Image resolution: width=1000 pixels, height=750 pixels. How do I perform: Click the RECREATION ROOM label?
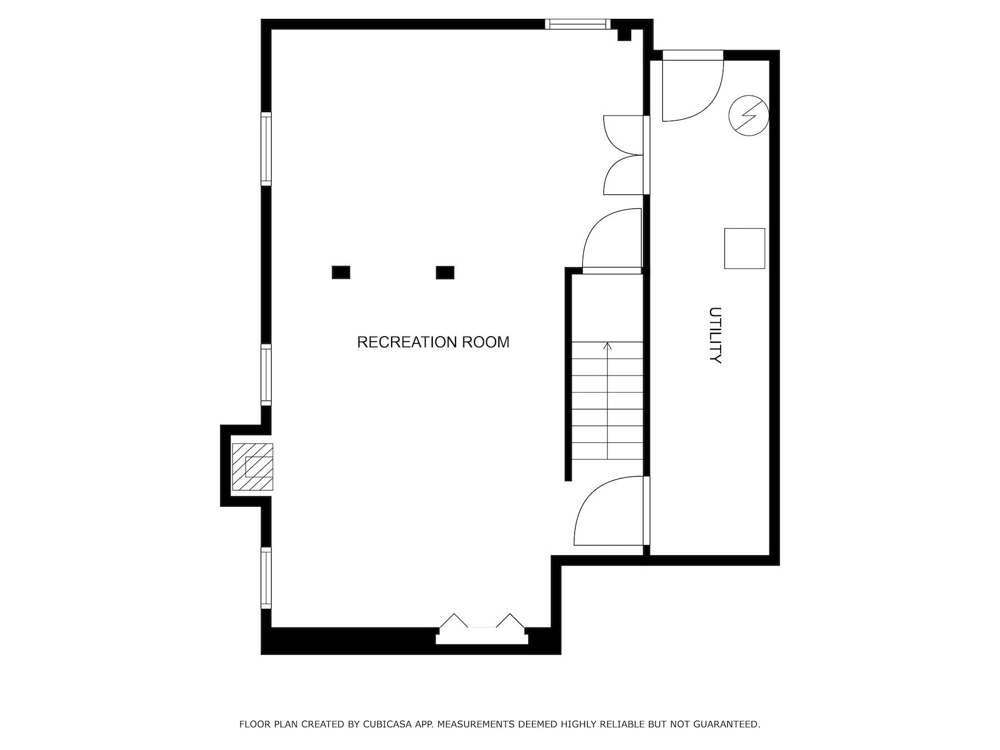tap(433, 342)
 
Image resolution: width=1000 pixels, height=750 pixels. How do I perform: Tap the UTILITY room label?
tap(715, 335)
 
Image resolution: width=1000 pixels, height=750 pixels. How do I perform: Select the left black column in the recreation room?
tap(341, 272)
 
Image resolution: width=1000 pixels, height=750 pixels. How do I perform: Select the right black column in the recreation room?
tap(444, 272)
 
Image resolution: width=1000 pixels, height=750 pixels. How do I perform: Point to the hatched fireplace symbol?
tap(253, 467)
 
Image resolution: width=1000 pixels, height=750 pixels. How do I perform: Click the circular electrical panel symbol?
tap(748, 116)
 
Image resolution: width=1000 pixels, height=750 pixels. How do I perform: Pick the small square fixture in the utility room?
tap(744, 248)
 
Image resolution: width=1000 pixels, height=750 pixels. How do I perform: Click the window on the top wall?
tap(577, 24)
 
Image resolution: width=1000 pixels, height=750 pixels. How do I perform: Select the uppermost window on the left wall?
tap(266, 148)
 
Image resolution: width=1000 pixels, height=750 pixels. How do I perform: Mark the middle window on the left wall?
tap(266, 374)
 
